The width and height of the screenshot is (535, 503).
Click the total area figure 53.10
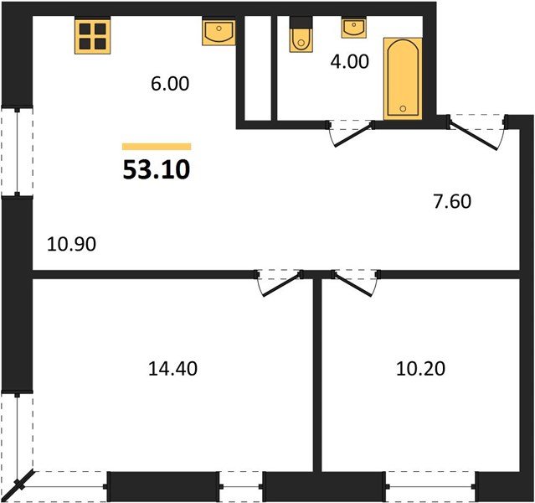point(157,170)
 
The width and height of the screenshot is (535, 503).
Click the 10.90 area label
point(72,245)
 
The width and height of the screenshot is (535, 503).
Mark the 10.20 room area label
point(419,367)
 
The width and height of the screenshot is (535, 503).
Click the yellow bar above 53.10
point(157,147)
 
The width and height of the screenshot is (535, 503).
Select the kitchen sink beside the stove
point(219,34)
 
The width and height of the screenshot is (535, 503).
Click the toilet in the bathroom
point(299,37)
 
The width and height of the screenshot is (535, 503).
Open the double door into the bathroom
point(350,132)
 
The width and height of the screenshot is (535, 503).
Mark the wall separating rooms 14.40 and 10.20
point(317,377)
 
